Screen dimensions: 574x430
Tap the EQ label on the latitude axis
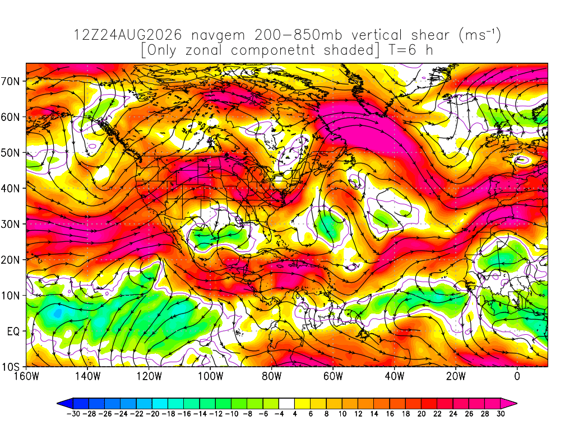tap(13, 331)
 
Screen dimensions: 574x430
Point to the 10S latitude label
tap(10, 367)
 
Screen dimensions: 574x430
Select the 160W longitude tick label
tap(26, 376)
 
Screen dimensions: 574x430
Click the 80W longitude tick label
tap(272, 376)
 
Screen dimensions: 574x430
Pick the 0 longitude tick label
tap(517, 376)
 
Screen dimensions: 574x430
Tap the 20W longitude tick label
tap(456, 376)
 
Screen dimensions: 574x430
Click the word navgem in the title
tap(218, 35)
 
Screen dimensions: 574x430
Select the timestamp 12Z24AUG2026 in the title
tap(128, 35)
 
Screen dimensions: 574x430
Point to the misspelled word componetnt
tap(273, 50)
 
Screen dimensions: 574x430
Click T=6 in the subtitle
tap(402, 50)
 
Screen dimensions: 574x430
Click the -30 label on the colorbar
tap(73, 414)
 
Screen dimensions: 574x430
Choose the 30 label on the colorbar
tap(501, 414)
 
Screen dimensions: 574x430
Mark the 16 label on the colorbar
tap(390, 414)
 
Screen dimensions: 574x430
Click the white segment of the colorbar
tap(286, 404)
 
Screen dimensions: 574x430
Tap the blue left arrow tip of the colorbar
tap(58, 404)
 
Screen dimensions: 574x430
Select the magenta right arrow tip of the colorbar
tap(516, 404)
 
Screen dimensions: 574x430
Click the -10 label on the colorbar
tap(232, 414)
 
